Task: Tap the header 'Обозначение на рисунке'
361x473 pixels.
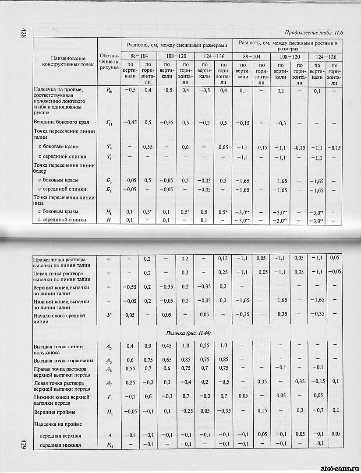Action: pyautogui.click(x=109, y=62)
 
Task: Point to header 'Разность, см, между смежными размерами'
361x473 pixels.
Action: pyautogui.click(x=178, y=45)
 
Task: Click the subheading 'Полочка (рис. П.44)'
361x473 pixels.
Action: pyautogui.click(x=180, y=333)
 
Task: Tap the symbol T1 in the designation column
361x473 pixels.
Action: pyautogui.click(x=109, y=157)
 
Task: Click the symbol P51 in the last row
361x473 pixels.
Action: pyautogui.click(x=109, y=445)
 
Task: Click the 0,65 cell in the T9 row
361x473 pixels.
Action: pyautogui.click(x=223, y=147)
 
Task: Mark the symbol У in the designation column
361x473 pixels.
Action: pyautogui.click(x=109, y=315)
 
